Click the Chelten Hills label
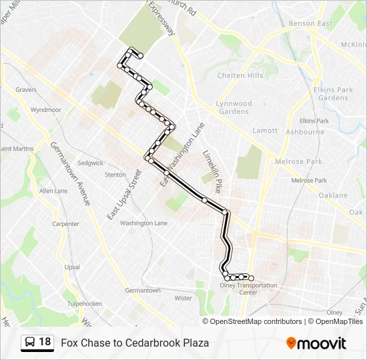(x=240, y=75)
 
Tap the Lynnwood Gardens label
(x=234, y=107)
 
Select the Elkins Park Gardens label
(x=333, y=93)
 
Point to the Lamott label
(x=265, y=131)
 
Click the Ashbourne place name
(x=305, y=132)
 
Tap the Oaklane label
(x=333, y=195)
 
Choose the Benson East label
(x=310, y=24)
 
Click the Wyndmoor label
(x=45, y=109)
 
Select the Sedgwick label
(x=90, y=163)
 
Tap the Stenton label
(x=115, y=175)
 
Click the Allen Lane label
(x=53, y=191)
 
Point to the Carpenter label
(x=65, y=224)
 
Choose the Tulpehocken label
(x=84, y=303)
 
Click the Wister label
(x=183, y=298)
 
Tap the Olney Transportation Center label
(x=248, y=289)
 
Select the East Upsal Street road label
(x=124, y=196)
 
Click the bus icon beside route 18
(x=30, y=342)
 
